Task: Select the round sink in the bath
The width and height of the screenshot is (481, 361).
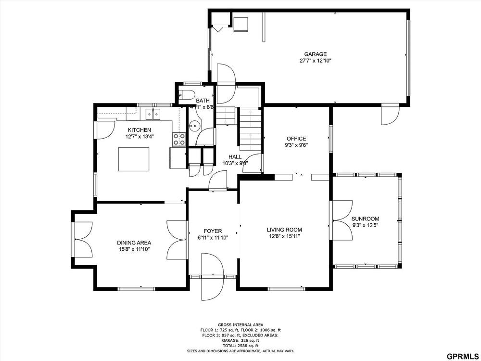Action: coord(194,125)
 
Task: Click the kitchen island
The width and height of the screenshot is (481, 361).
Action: coord(134,159)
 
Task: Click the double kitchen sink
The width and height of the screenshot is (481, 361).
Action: coord(153,114)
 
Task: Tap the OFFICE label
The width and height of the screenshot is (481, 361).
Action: coord(296,139)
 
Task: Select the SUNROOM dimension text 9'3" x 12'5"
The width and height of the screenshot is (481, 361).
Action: coord(365,225)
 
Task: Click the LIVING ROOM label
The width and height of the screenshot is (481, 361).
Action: coord(284,230)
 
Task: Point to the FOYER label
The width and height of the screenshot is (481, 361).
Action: coord(213,231)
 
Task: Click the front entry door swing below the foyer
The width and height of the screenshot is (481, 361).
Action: coord(213,277)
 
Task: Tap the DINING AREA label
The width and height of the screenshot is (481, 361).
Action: coord(134,243)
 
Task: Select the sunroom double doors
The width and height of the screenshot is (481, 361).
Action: coord(342,220)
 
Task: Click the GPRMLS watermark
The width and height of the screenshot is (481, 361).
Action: coord(463,356)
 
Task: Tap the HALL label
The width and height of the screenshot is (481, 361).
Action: coord(235,157)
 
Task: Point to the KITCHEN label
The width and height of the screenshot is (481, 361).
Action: coord(139,130)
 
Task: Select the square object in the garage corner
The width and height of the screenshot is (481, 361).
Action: coord(241,24)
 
